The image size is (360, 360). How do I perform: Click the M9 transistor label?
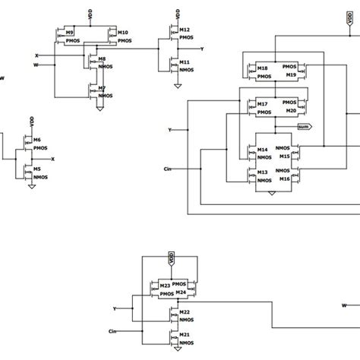click(70, 33)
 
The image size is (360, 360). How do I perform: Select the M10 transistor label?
click(123, 32)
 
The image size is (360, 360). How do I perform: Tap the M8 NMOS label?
click(103, 58)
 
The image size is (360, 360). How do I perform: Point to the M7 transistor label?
click(103, 88)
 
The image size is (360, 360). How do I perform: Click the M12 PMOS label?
click(184, 30)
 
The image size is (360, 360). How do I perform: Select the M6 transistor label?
click(36, 141)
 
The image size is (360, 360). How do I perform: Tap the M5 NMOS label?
click(36, 170)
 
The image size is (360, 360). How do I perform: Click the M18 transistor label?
click(262, 68)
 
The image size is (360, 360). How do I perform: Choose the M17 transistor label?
click(262, 104)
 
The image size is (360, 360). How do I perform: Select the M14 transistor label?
click(262, 150)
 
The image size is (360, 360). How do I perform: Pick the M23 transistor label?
click(164, 286)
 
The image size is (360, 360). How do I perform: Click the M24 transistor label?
click(182, 292)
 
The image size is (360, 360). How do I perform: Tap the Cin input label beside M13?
click(168, 168)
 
